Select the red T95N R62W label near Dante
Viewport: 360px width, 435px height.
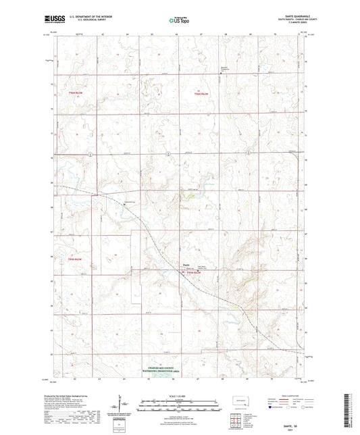194,272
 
